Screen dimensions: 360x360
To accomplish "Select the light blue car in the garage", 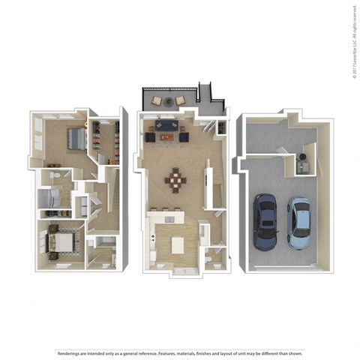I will pos(300,223).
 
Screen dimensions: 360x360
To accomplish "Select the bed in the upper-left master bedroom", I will pos(76,139).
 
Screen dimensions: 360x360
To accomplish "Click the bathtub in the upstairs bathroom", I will pos(48,199).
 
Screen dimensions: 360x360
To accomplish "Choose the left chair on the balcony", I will pos(157,100).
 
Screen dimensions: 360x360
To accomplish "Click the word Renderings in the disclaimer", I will pos(70,331).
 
